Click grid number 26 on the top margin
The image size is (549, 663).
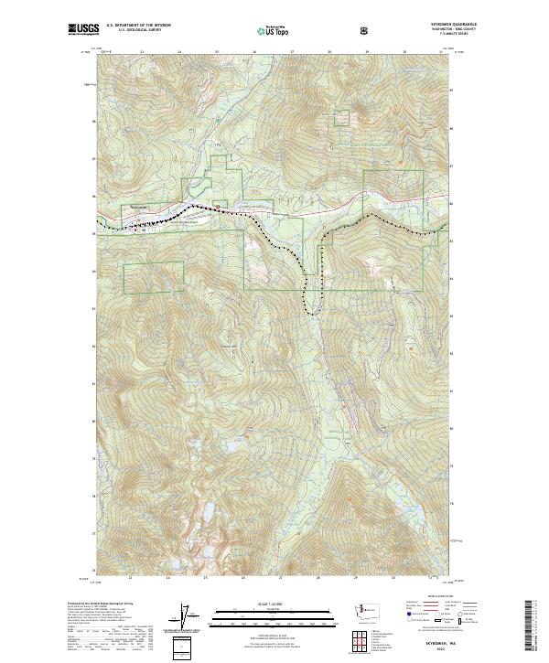(x=253, y=53)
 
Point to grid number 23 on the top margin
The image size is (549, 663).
(x=141, y=53)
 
